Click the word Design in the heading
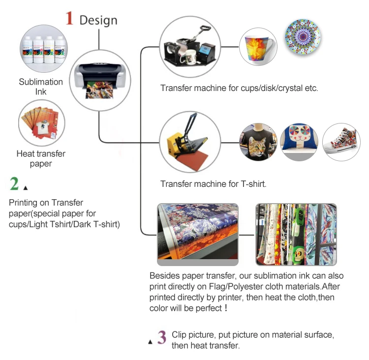point(98,20)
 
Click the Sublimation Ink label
point(41,87)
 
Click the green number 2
point(14,184)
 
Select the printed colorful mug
point(258,47)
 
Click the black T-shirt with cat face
point(257,142)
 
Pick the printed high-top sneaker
point(340,142)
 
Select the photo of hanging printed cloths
point(296,235)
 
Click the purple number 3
point(161,337)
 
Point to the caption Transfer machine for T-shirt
point(213,184)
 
